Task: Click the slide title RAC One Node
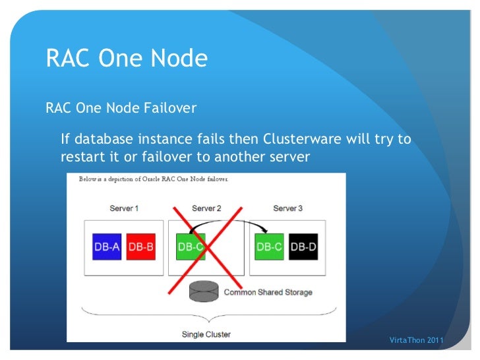pyautogui.click(x=127, y=59)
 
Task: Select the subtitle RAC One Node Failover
pyautogui.click(x=121, y=107)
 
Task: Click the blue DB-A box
pyautogui.click(x=107, y=247)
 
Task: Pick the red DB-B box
pyautogui.click(x=140, y=247)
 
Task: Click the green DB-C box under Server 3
pyautogui.click(x=269, y=247)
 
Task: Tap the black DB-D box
pyautogui.click(x=303, y=247)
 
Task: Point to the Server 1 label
pyautogui.click(x=124, y=208)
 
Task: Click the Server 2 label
pyautogui.click(x=206, y=208)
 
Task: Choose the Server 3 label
pyautogui.click(x=287, y=208)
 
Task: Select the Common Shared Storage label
pyautogui.click(x=268, y=292)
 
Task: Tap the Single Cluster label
pyautogui.click(x=206, y=334)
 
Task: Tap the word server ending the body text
pyautogui.click(x=288, y=158)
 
